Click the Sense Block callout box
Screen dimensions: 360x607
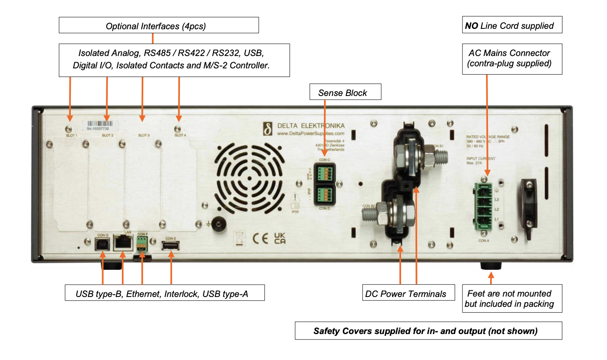pyautogui.click(x=345, y=92)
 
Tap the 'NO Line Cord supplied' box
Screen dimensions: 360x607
pyautogui.click(x=512, y=26)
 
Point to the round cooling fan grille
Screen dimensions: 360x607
pyautogui.click(x=250, y=178)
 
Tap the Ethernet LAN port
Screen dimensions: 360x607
pyautogui.click(x=123, y=243)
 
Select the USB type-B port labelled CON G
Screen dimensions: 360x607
pyautogui.click(x=102, y=244)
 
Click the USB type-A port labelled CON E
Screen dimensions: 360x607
pyautogui.click(x=170, y=246)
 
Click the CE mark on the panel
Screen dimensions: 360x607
pyautogui.click(x=261, y=238)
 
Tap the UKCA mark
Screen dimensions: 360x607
pyautogui.click(x=280, y=238)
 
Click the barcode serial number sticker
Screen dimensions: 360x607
pyautogui.click(x=100, y=125)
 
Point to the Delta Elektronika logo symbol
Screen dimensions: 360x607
pyautogui.click(x=268, y=129)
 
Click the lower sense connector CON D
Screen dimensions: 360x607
pyautogui.click(x=325, y=194)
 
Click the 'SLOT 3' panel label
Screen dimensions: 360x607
pyautogui.click(x=144, y=135)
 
